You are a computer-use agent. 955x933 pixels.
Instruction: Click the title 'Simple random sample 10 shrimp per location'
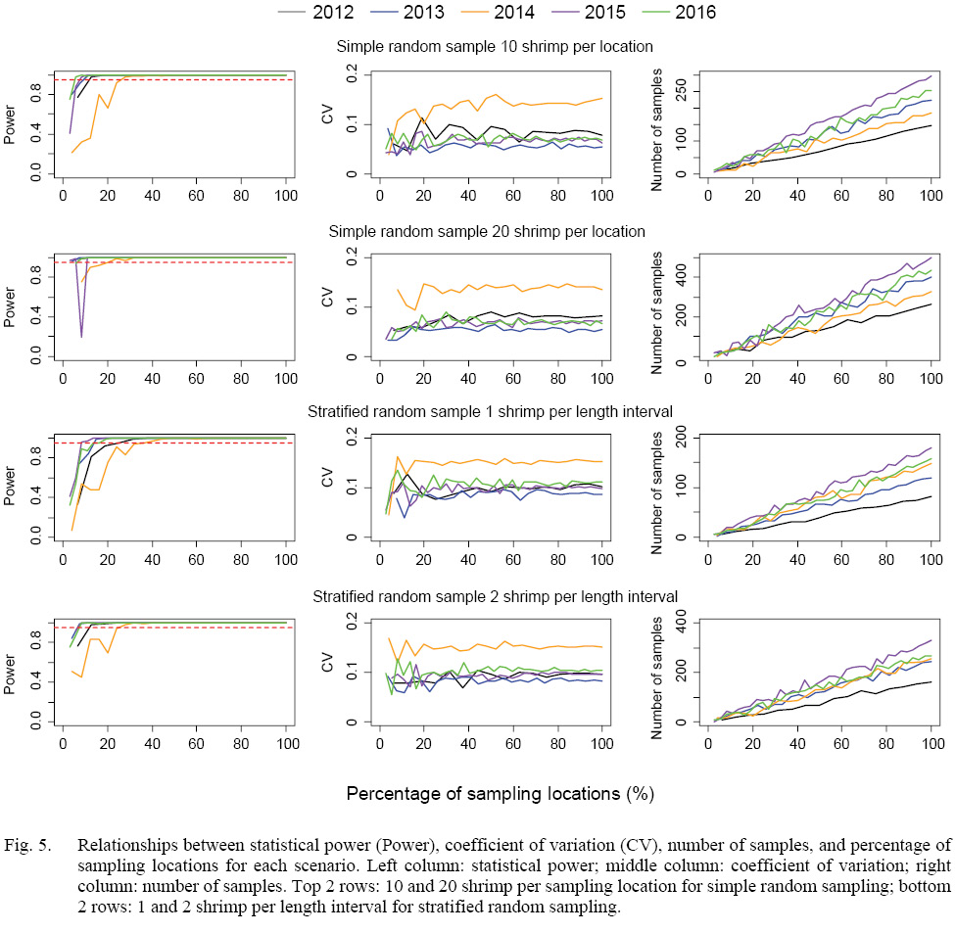pos(495,46)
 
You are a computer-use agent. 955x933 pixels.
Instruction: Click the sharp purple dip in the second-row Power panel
pos(81,336)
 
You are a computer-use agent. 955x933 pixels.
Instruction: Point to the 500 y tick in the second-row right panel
pos(675,258)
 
